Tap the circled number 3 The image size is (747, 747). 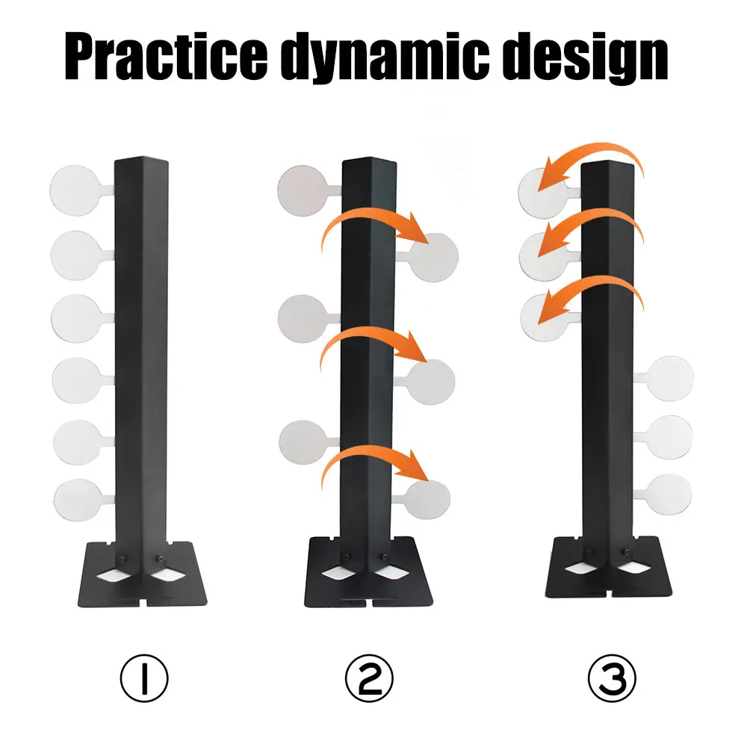tap(612, 678)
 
